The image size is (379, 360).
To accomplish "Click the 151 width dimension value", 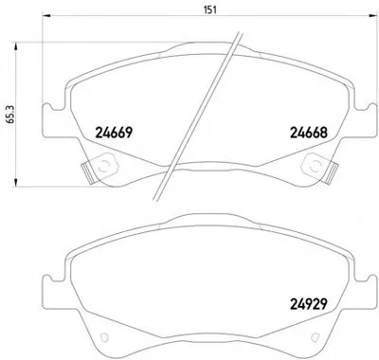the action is [x=210, y=10].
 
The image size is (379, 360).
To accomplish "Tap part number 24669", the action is [x=113, y=133].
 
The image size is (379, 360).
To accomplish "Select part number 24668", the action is [x=309, y=133].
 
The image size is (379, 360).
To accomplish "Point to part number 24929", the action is [x=308, y=304].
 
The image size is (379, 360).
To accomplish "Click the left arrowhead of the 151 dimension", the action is [x=46, y=15].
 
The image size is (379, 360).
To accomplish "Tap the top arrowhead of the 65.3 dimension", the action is [x=15, y=45].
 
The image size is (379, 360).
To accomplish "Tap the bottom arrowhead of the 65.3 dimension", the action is [x=15, y=182].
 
